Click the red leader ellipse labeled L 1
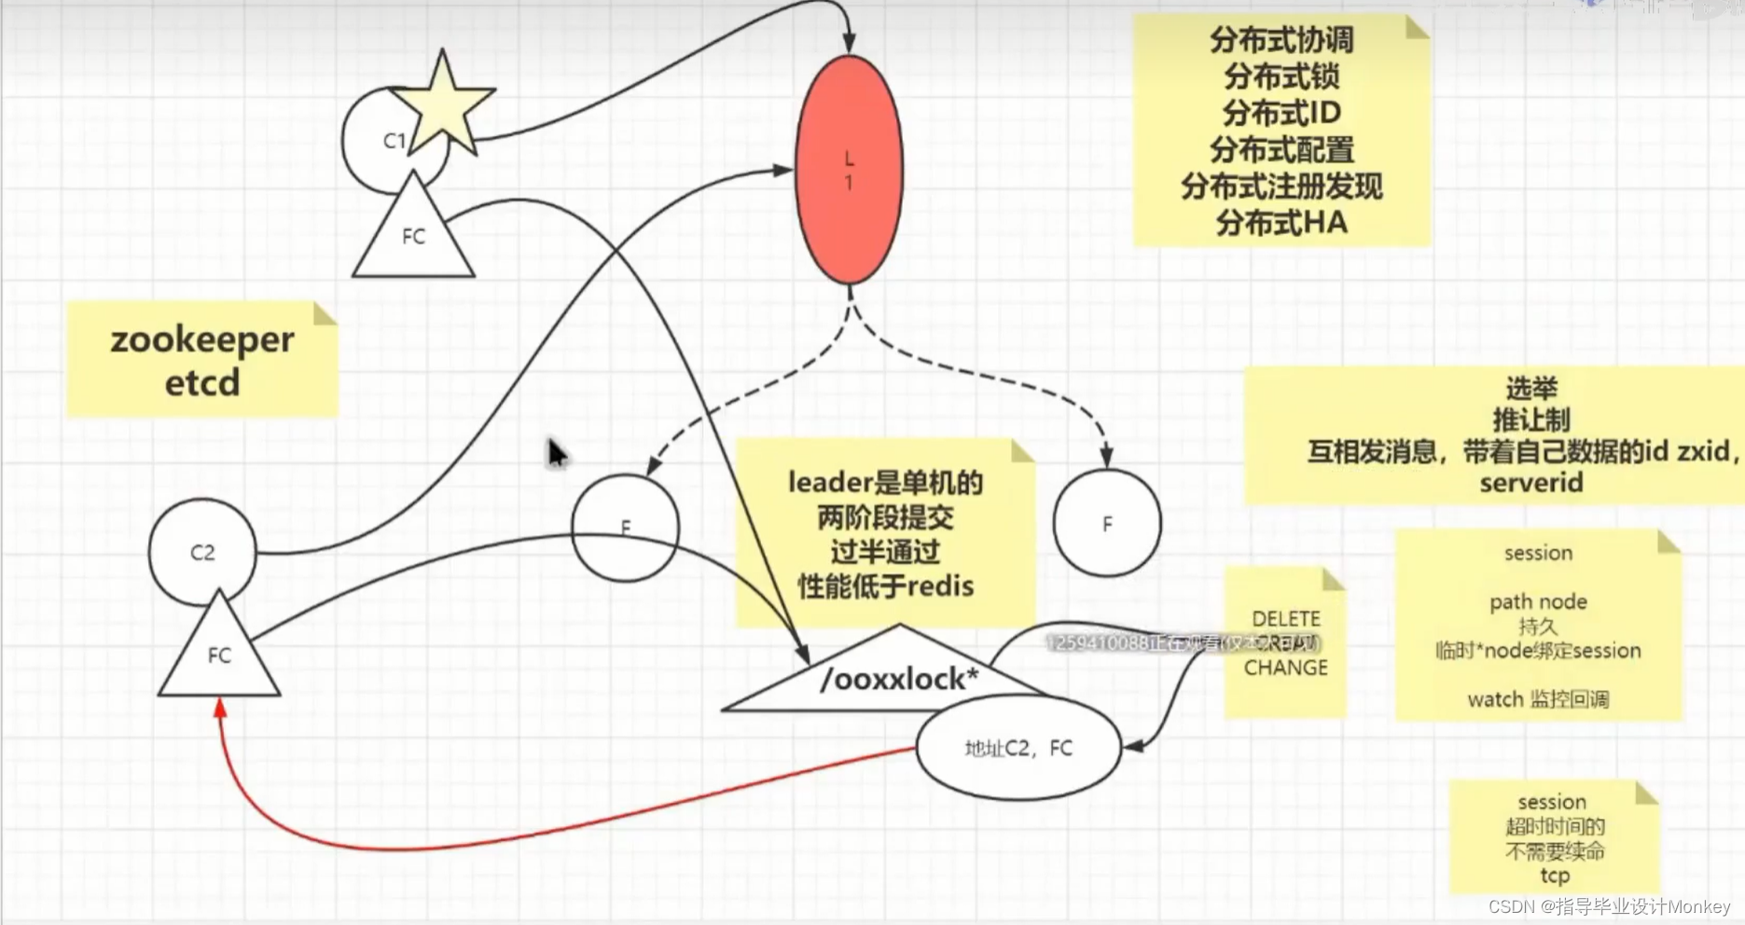tap(849, 170)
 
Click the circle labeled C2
tap(202, 552)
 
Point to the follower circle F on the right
tap(1107, 523)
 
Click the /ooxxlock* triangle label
tap(898, 679)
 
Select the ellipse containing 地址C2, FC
tap(1018, 748)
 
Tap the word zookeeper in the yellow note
tap(202, 339)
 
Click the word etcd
tap(202, 382)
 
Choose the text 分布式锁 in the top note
tap(1281, 76)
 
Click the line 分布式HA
tap(1281, 223)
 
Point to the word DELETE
tap(1286, 619)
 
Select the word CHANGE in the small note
tap(1286, 668)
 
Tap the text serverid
tap(1530, 483)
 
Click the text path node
tap(1538, 601)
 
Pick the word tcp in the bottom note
tap(1555, 876)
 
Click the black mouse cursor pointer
tap(557, 454)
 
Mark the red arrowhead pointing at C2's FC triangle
tap(220, 708)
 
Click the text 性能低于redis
tap(885, 587)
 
